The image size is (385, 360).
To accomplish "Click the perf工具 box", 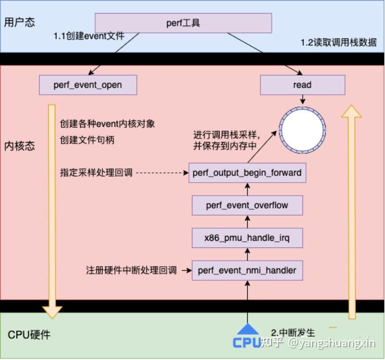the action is pos(183,23).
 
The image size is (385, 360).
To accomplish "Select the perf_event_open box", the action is pos(88,85).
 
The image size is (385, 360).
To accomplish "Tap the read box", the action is pos(302,85).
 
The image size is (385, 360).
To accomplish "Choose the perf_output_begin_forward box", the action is pos(247,173).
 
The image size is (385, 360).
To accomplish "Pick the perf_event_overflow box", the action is pos(247,205).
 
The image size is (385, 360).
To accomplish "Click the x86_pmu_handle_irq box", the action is pos(247,238).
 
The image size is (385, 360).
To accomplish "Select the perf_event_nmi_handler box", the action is pos(247,270).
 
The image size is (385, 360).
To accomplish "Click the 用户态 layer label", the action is pos(20,22).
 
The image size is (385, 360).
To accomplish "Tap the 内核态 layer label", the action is pos(20,146).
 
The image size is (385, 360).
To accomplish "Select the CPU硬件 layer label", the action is pos(29,335).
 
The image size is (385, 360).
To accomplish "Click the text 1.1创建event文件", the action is pos(89,36).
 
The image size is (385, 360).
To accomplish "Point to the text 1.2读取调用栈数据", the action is pos(339,42).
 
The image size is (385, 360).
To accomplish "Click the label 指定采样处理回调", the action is pos(96,172).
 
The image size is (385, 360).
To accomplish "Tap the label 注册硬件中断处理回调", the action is pos(131,270).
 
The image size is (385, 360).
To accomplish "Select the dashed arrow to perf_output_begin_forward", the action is pos(162,173).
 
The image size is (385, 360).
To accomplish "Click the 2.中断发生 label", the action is pos(293,333).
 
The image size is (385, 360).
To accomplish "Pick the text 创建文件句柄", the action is pos(87,140).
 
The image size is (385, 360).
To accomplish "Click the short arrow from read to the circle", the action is pos(303,99).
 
